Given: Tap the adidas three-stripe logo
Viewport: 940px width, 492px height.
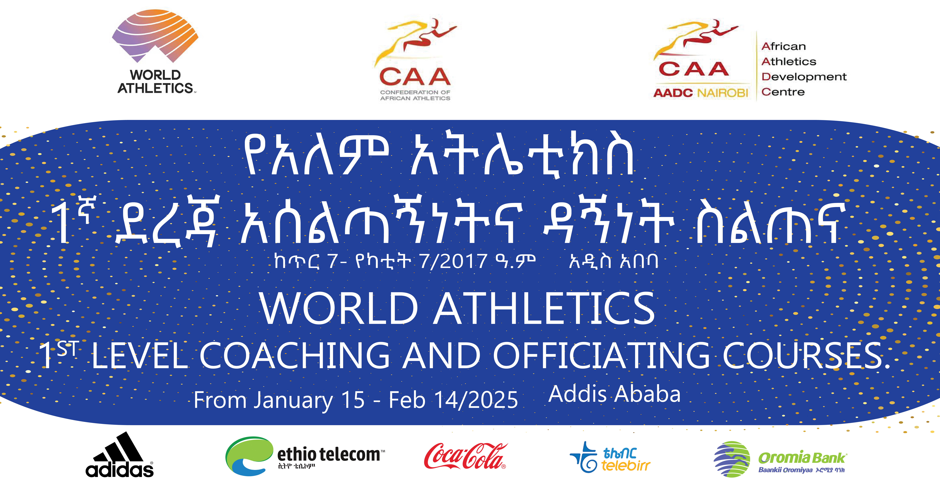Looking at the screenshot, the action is (120, 454).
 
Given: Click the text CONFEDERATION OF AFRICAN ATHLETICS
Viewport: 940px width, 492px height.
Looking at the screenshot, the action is (415, 95).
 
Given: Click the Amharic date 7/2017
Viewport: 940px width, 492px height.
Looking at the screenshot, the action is (453, 261).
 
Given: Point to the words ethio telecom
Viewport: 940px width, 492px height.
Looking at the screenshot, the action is (329, 454).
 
